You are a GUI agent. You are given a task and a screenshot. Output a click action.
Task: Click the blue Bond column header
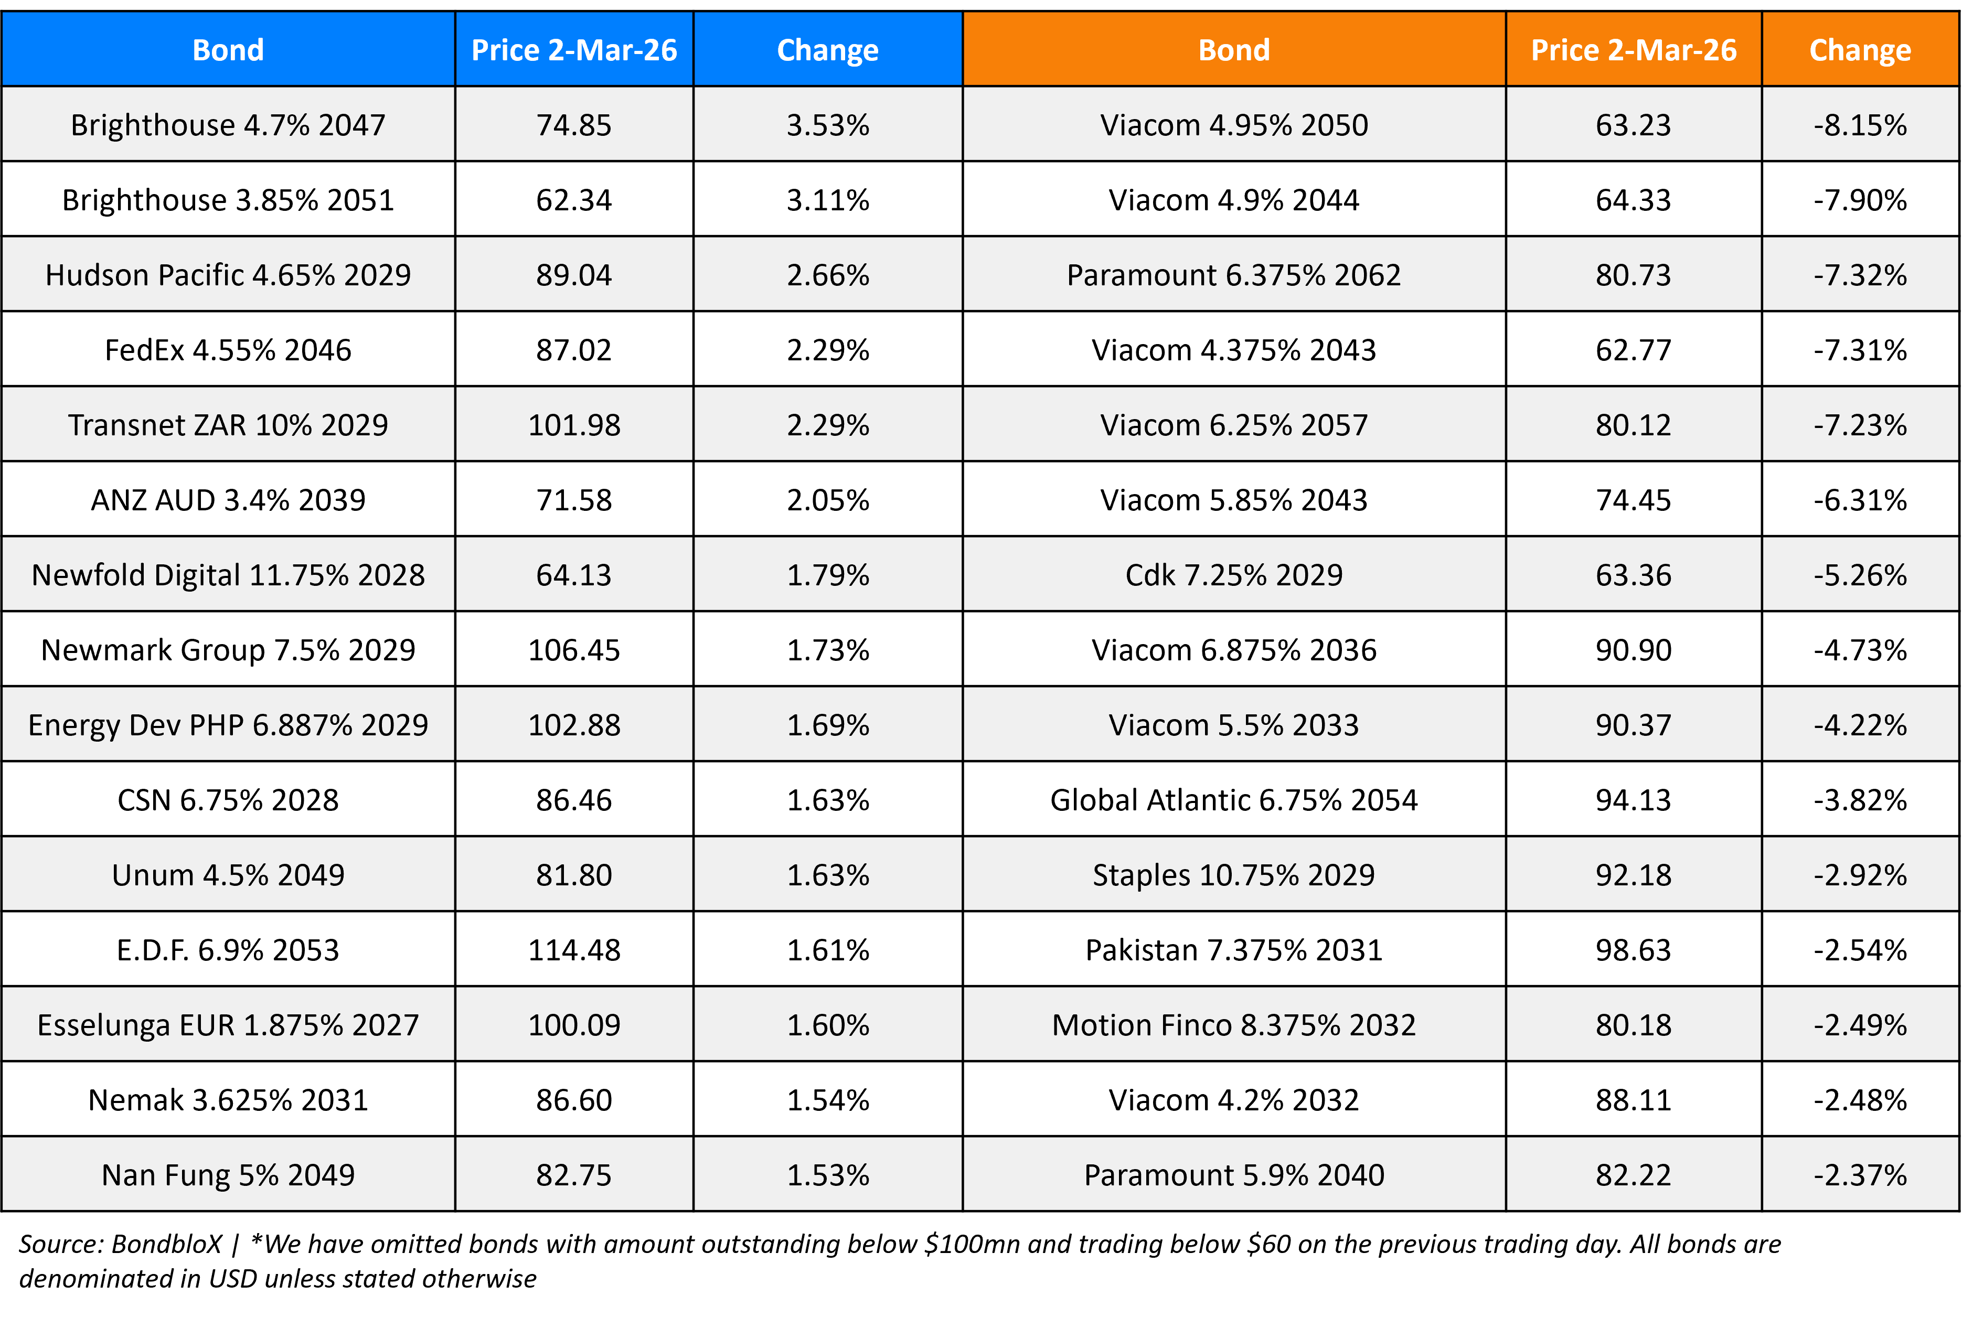pos(228,49)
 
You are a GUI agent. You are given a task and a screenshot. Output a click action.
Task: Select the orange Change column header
pos(1860,49)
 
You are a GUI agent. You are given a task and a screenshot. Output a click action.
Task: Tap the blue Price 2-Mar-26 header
pos(574,49)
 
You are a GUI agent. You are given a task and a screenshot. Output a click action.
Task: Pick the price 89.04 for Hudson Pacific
pos(574,275)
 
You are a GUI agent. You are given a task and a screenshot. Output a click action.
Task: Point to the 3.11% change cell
pos(827,200)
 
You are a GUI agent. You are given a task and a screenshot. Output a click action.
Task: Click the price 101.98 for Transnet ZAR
pos(574,425)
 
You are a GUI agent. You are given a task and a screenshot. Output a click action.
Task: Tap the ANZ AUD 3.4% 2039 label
pos(228,500)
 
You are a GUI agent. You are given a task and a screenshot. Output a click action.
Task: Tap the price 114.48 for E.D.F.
pos(574,950)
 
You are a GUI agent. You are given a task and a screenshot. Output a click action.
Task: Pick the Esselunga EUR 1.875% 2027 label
pos(228,1025)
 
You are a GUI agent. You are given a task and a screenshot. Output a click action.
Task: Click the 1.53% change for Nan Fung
pos(827,1175)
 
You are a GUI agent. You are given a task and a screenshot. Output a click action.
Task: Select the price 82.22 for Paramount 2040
pos(1633,1175)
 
